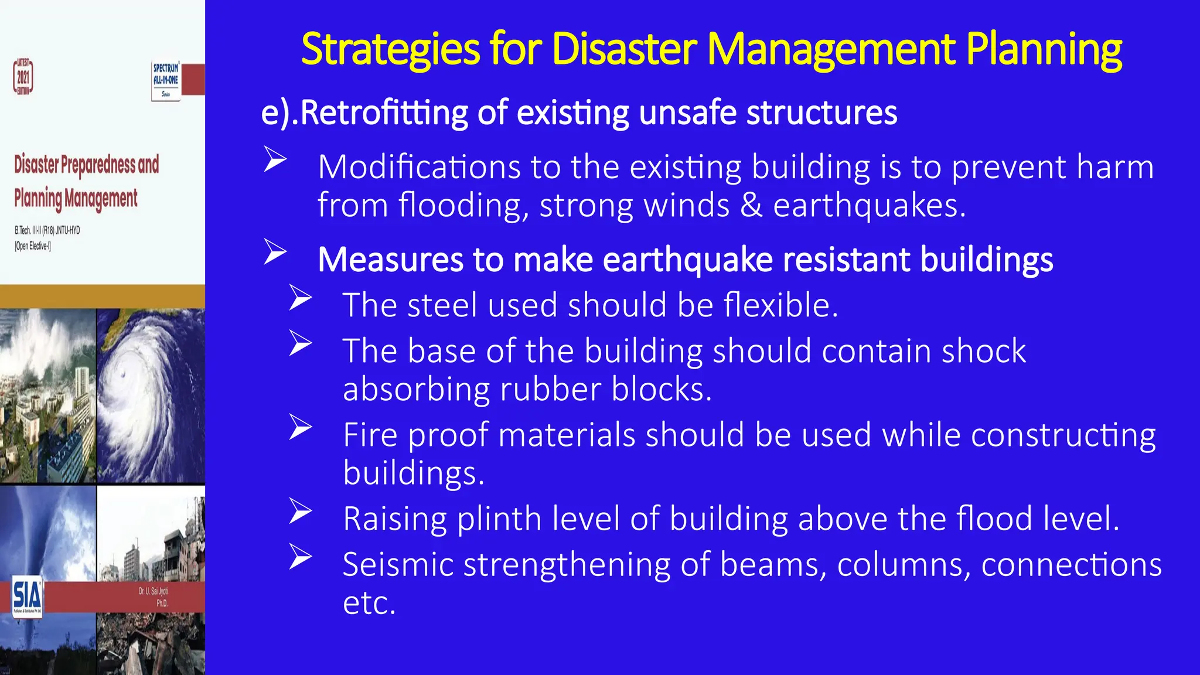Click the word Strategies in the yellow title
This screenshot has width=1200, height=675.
point(390,49)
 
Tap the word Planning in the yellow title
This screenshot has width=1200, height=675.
point(1044,49)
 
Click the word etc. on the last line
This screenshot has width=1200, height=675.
point(369,603)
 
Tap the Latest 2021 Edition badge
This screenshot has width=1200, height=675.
point(23,77)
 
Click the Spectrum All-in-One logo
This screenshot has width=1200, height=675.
point(166,80)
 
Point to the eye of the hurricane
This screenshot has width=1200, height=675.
point(122,374)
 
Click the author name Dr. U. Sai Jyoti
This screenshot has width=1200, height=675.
point(154,591)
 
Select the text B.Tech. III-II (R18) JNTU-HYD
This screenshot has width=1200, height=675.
point(47,230)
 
